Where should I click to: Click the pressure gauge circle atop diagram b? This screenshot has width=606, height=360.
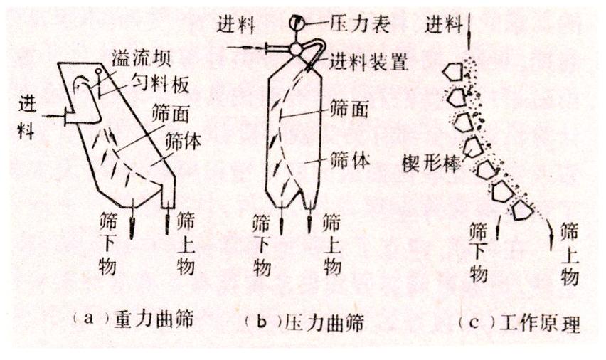click(296, 23)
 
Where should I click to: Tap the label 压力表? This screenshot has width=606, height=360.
click(360, 23)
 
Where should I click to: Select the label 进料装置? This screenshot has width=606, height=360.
click(368, 61)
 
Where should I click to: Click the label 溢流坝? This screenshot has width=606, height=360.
click(141, 58)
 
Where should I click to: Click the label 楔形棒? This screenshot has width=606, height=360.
click(431, 164)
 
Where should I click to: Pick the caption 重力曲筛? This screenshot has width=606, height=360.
click(154, 319)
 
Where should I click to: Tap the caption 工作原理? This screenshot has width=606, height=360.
click(540, 323)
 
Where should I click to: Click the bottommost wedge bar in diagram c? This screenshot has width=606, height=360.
click(523, 210)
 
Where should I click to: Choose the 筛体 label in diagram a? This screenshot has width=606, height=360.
click(183, 141)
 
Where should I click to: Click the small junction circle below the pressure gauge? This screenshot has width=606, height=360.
click(296, 49)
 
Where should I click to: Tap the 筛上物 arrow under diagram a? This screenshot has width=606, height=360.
click(167, 222)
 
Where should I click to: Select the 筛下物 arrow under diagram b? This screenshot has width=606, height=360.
click(282, 221)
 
